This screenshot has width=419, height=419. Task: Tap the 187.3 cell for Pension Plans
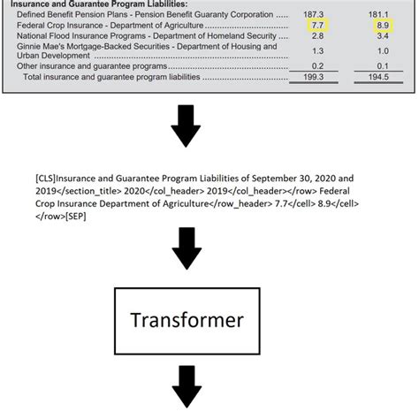coord(315,16)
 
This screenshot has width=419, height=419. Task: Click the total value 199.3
coord(315,78)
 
